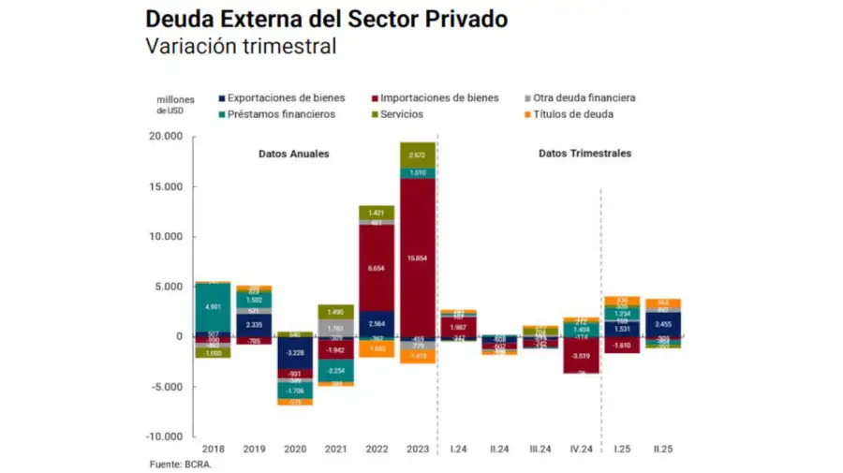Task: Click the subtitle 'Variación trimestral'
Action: (240, 47)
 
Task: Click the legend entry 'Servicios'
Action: (401, 114)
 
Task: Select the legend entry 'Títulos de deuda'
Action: (573, 114)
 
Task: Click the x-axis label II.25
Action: (662, 450)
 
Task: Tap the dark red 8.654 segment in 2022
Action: (376, 268)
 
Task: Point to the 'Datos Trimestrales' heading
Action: (584, 153)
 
